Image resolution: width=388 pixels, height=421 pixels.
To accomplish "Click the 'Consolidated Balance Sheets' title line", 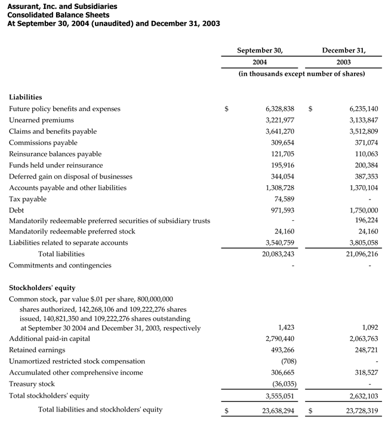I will tap(58, 15).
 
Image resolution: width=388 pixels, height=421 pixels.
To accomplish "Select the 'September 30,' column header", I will tap(260, 50).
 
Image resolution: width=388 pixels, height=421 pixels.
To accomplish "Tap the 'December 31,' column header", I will tap(344, 50).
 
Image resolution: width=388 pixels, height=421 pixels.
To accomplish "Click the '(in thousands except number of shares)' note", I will tap(301, 73).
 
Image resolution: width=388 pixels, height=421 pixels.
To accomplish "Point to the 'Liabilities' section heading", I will tap(26, 97).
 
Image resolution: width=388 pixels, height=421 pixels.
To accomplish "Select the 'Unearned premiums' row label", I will tap(41, 120).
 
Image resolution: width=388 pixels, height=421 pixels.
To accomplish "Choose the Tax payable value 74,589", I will tap(282, 199).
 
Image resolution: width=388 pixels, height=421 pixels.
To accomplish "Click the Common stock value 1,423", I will tap(287, 328).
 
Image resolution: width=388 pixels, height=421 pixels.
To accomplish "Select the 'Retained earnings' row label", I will tap(37, 350).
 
